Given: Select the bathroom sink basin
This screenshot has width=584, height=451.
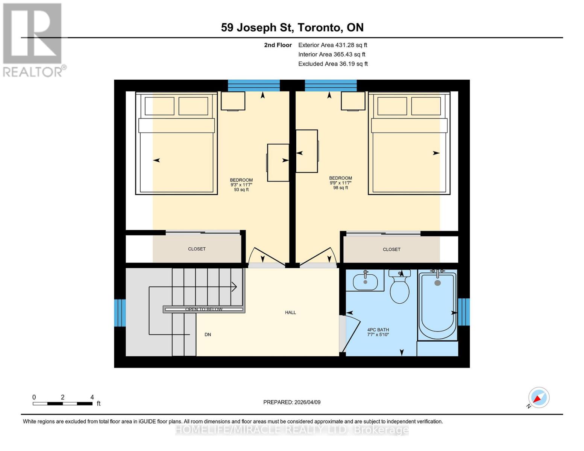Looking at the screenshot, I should (365, 282).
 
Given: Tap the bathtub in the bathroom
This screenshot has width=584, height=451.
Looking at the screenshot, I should (437, 306).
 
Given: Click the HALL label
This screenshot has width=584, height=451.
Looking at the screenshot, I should (290, 312).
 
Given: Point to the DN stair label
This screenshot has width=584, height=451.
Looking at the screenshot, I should (208, 334).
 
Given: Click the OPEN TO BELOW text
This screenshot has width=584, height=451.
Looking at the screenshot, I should (204, 309).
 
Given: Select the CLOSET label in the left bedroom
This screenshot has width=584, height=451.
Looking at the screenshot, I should (197, 249).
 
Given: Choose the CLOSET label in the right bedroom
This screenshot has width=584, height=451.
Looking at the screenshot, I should (391, 249).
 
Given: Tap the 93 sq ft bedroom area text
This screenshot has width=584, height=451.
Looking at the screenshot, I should (241, 190).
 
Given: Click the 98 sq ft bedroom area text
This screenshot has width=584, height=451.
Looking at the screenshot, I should (340, 188).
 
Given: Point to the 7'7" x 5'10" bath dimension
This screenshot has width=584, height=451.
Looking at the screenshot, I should (378, 334).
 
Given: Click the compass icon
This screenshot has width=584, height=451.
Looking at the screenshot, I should (538, 398).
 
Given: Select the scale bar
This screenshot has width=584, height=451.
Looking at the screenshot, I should (62, 404).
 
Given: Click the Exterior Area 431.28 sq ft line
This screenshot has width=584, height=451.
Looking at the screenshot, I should (332, 45).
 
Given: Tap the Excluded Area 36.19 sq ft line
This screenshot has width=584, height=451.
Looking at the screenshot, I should (333, 64).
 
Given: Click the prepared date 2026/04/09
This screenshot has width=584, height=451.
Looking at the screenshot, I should (292, 402).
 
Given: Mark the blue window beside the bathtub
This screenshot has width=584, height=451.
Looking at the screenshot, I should (464, 312).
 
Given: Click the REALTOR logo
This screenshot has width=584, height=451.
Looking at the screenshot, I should (33, 39).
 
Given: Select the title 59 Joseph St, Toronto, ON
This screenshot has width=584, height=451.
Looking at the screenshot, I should (292, 27).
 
